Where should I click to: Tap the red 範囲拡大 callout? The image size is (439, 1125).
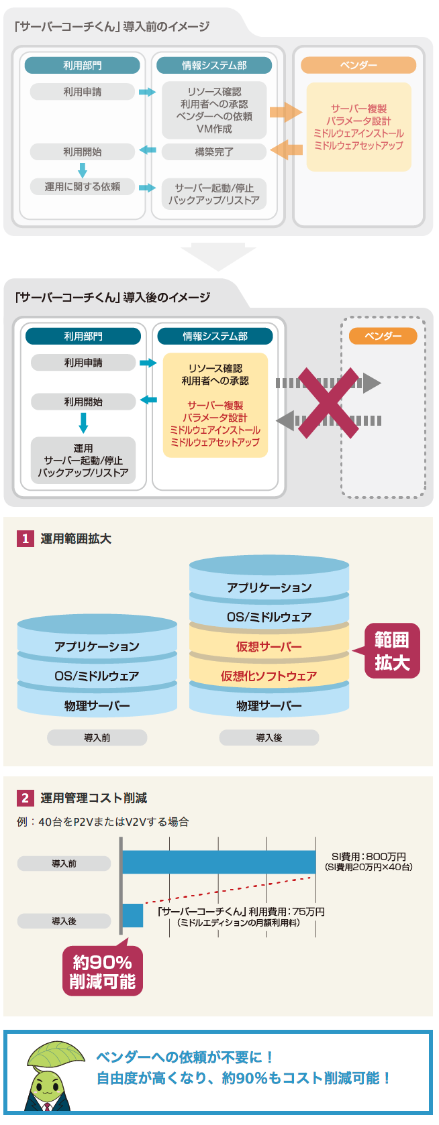coord(392,651)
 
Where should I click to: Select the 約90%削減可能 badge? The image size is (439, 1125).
coord(103,971)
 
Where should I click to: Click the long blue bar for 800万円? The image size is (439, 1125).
coord(219,862)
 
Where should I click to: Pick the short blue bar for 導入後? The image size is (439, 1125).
coord(133,916)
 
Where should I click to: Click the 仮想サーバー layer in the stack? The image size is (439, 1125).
coord(269,647)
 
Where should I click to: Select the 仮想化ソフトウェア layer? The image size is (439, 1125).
coord(269,676)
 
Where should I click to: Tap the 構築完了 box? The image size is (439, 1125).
coord(214,152)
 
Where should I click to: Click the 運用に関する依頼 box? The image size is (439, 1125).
coord(83,187)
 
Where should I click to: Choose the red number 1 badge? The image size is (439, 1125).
coord(26,539)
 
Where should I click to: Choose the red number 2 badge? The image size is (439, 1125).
coord(26,798)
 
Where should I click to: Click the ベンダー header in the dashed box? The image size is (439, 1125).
coord(383,336)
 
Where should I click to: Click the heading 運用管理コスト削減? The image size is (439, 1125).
coord(93,798)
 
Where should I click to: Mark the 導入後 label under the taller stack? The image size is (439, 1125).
coord(269,738)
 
